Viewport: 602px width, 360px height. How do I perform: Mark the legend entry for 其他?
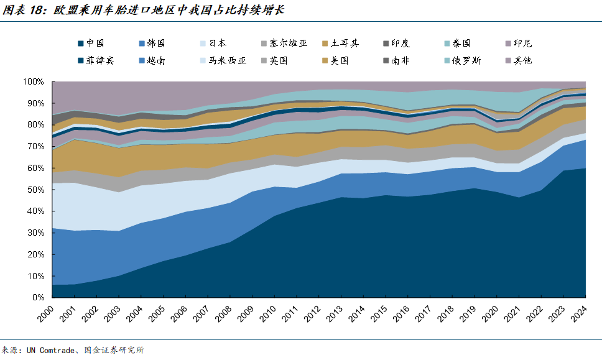click(x=522, y=60)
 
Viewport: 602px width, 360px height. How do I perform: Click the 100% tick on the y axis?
click(x=34, y=81)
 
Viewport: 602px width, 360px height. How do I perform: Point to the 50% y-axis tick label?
click(x=35, y=190)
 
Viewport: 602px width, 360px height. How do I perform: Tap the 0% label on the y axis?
click(x=38, y=297)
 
